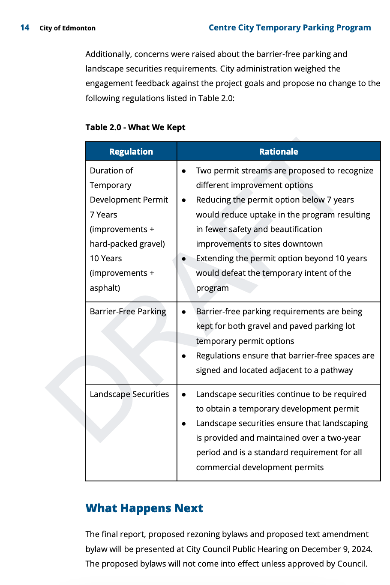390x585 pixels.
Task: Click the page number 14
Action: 25,28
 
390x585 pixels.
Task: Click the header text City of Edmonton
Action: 67,28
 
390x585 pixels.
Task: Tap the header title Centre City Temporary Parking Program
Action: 290,28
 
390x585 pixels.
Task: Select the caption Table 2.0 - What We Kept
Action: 135,127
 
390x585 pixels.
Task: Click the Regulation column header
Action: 131,152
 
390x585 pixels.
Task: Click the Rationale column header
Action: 279,152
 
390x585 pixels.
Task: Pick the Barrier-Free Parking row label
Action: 128,312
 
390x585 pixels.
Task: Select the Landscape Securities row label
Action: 129,394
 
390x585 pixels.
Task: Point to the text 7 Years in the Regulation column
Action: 103,215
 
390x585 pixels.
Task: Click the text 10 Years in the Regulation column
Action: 106,259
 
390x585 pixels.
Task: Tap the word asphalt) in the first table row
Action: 105,288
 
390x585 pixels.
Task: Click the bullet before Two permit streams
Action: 184,171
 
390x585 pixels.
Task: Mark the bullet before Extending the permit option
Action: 184,259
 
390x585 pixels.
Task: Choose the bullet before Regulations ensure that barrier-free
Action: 184,356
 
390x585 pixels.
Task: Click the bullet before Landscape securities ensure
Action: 184,424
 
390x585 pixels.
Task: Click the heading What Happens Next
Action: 144,508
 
